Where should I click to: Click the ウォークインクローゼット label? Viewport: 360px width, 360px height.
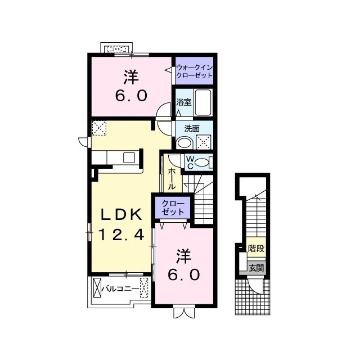tap(194, 71)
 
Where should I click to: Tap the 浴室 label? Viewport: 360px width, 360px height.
tap(184, 102)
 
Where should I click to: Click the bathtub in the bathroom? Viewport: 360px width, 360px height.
tap(202, 102)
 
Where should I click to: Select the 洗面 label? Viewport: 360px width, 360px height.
tap(192, 129)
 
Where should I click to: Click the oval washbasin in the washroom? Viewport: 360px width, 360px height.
tap(185, 143)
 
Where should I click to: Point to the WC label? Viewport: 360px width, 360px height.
tap(190, 163)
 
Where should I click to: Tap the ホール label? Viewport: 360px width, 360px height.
tap(171, 179)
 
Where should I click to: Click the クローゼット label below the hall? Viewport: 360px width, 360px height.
tap(173, 208)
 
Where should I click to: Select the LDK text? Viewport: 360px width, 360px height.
tap(121, 215)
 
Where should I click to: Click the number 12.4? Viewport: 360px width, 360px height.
tap(121, 235)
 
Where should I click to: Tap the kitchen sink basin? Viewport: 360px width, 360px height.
tap(129, 157)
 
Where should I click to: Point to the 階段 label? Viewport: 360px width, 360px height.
tap(256, 248)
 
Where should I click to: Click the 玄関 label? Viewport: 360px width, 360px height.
tap(256, 268)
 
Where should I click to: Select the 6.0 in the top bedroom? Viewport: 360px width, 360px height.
tap(131, 96)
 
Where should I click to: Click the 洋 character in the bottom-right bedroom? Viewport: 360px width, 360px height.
tap(184, 256)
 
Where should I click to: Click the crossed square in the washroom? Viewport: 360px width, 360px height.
tap(204, 142)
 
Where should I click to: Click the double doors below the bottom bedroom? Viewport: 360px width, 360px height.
tap(184, 313)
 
